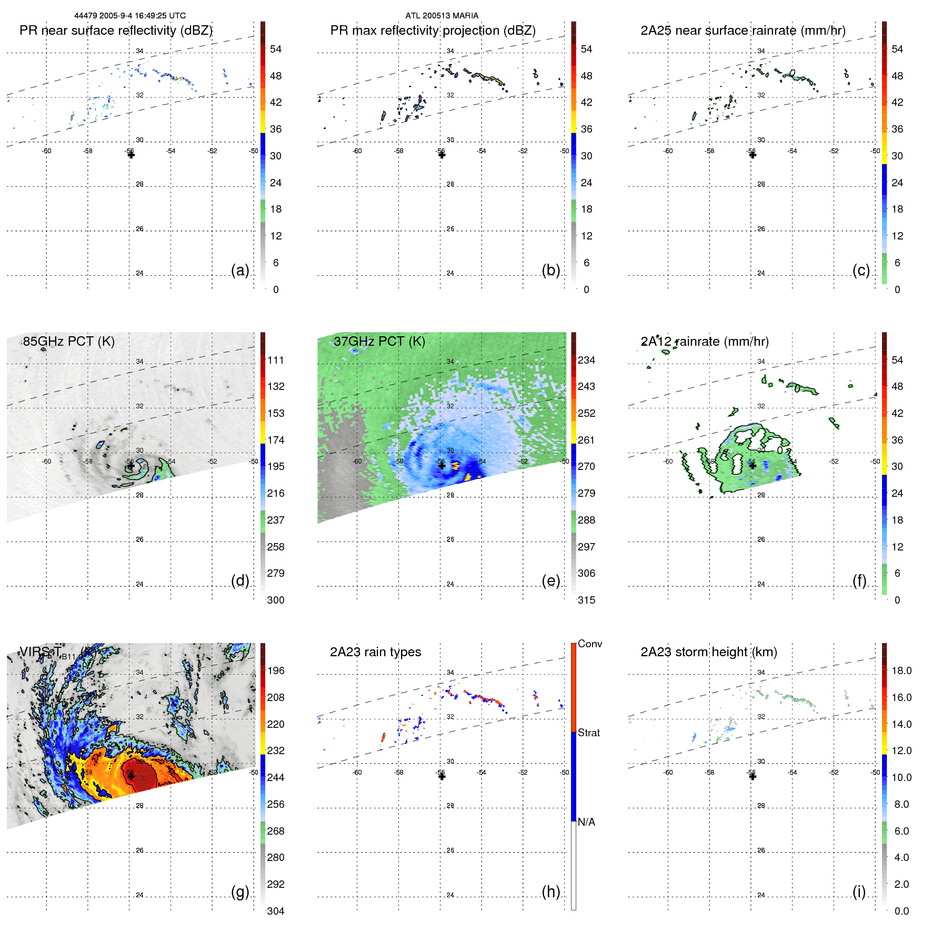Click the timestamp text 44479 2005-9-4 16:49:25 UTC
pyautogui.click(x=130, y=16)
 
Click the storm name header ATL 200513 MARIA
pyautogui.click(x=442, y=16)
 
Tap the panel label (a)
pyautogui.click(x=240, y=270)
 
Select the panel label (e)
pyautogui.click(x=550, y=580)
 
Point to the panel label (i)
pyautogui.click(x=859, y=891)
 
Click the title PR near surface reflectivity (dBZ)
pyautogui.click(x=116, y=31)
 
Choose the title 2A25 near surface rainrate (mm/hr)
pyautogui.click(x=743, y=31)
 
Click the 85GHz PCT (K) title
pyautogui.click(x=68, y=341)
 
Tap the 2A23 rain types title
pyautogui.click(x=375, y=652)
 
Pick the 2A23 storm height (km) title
pyautogui.click(x=708, y=652)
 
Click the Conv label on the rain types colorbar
pyautogui.click(x=589, y=644)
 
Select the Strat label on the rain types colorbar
pyautogui.click(x=588, y=733)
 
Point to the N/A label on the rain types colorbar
pyautogui.click(x=586, y=822)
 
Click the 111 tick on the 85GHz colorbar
pyautogui.click(x=275, y=360)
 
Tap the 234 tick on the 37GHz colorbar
pyautogui.click(x=586, y=360)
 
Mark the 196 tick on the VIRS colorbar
pyautogui.click(x=275, y=670)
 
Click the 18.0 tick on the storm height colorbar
pyautogui.click(x=901, y=670)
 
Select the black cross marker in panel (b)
pyautogui.click(x=442, y=155)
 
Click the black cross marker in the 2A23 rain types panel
pyautogui.click(x=442, y=776)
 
